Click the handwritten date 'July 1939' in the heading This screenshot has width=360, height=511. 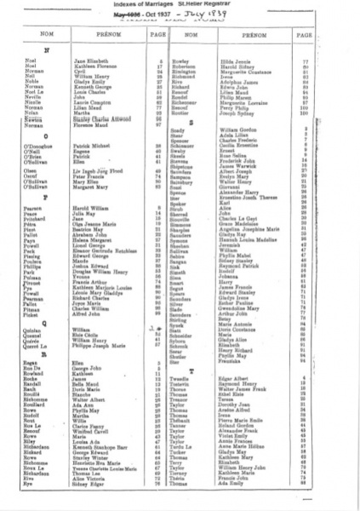click(x=213, y=18)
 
